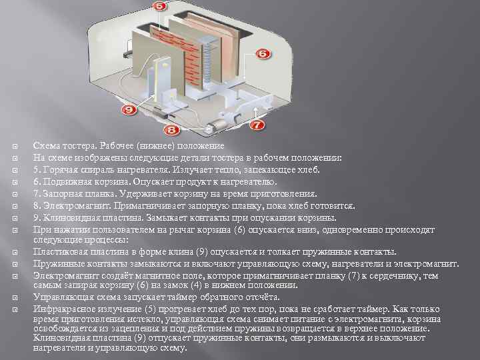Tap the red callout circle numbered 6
click(x=262, y=53)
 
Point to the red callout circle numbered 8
click(x=171, y=129)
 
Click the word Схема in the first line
click(x=46, y=146)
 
